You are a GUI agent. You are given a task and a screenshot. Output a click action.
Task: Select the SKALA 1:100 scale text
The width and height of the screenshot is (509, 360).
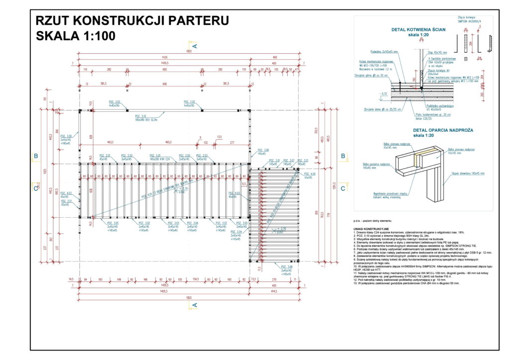coord(76,36)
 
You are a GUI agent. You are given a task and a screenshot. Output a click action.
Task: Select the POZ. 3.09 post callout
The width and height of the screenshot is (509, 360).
coord(67,135)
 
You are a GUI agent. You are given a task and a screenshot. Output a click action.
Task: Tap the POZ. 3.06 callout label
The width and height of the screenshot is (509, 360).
coord(263,150)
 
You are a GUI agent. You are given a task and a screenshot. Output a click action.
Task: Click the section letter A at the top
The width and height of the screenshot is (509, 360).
coord(195,46)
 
